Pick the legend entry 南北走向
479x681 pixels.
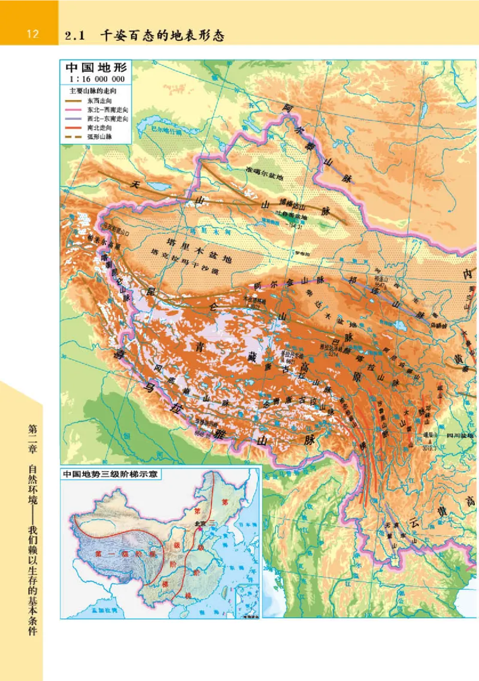tap(99, 128)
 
